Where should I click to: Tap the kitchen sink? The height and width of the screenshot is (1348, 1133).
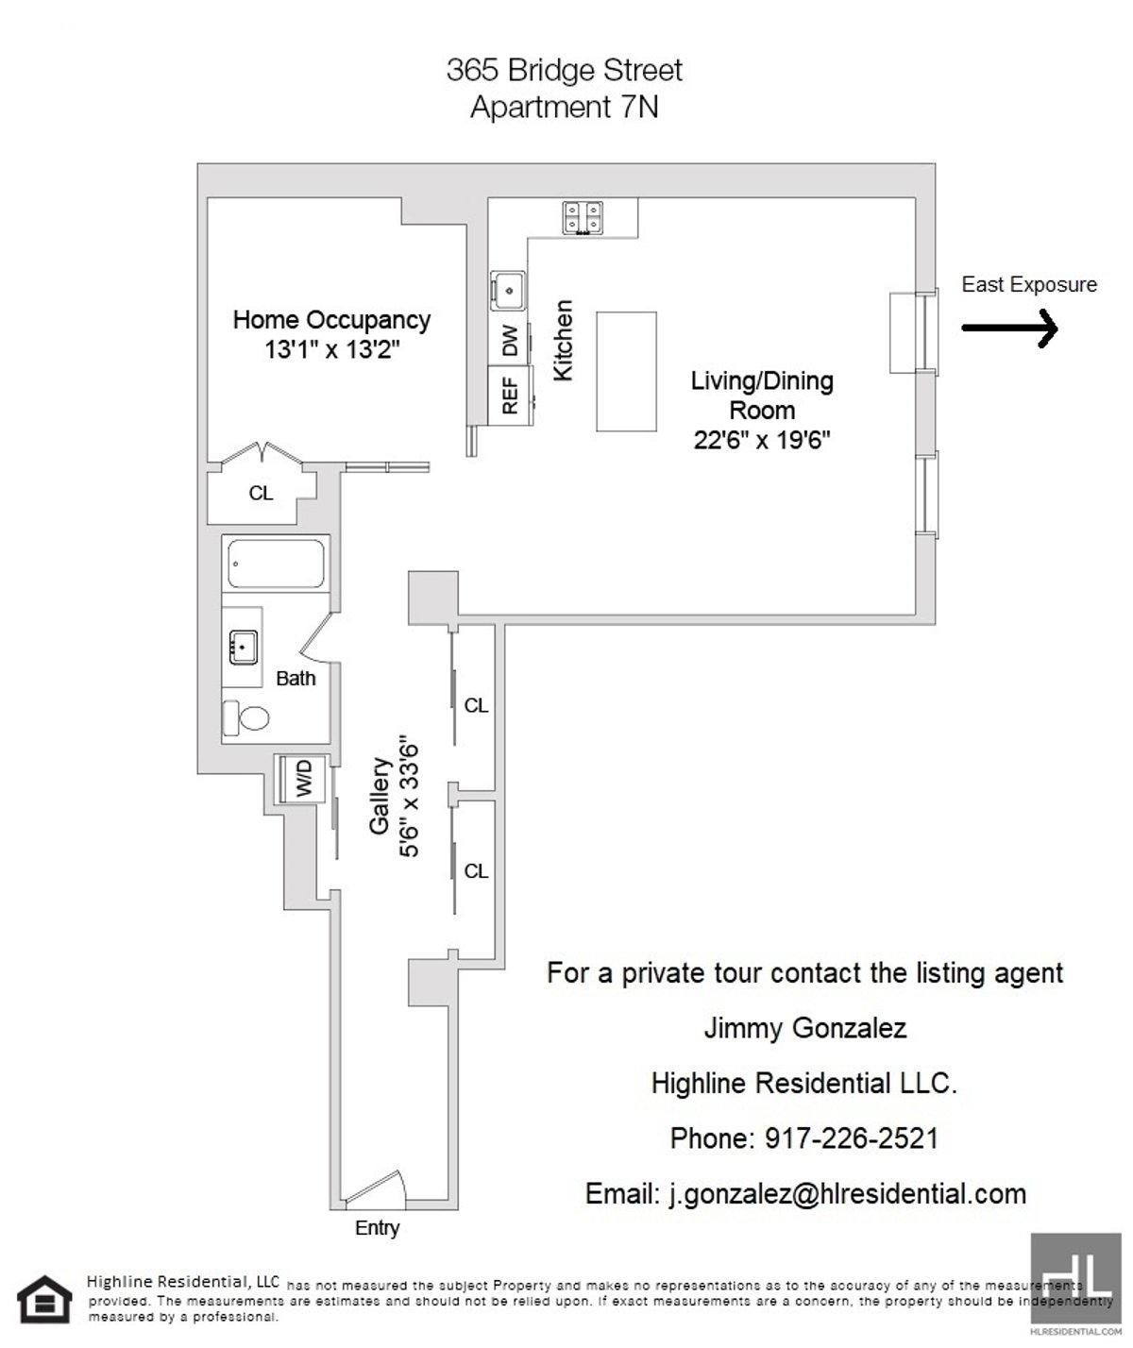pyautogui.click(x=509, y=288)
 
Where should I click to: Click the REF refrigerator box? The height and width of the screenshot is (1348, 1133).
pyautogui.click(x=509, y=396)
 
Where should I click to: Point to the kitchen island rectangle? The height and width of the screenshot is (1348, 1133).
pyautogui.click(x=626, y=372)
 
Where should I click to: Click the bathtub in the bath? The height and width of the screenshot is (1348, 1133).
pyautogui.click(x=276, y=564)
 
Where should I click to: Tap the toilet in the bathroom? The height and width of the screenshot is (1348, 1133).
pyautogui.click(x=246, y=718)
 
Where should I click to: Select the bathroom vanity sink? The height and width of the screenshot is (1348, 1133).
pyautogui.click(x=243, y=649)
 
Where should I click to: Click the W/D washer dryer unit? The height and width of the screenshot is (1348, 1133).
pyautogui.click(x=301, y=780)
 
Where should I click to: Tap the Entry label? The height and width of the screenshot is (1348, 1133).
pyautogui.click(x=377, y=1228)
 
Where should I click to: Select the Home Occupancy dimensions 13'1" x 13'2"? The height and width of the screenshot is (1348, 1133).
pyautogui.click(x=332, y=349)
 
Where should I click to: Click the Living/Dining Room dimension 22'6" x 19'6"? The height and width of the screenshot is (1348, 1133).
pyautogui.click(x=762, y=440)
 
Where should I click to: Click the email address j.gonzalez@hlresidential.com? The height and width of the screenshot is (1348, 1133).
pyautogui.click(x=805, y=1193)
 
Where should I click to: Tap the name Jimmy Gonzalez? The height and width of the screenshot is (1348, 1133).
pyautogui.click(x=804, y=1028)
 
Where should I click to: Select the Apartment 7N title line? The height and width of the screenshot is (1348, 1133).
pyautogui.click(x=564, y=108)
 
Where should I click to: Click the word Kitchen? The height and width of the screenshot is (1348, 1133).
pyautogui.click(x=564, y=341)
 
